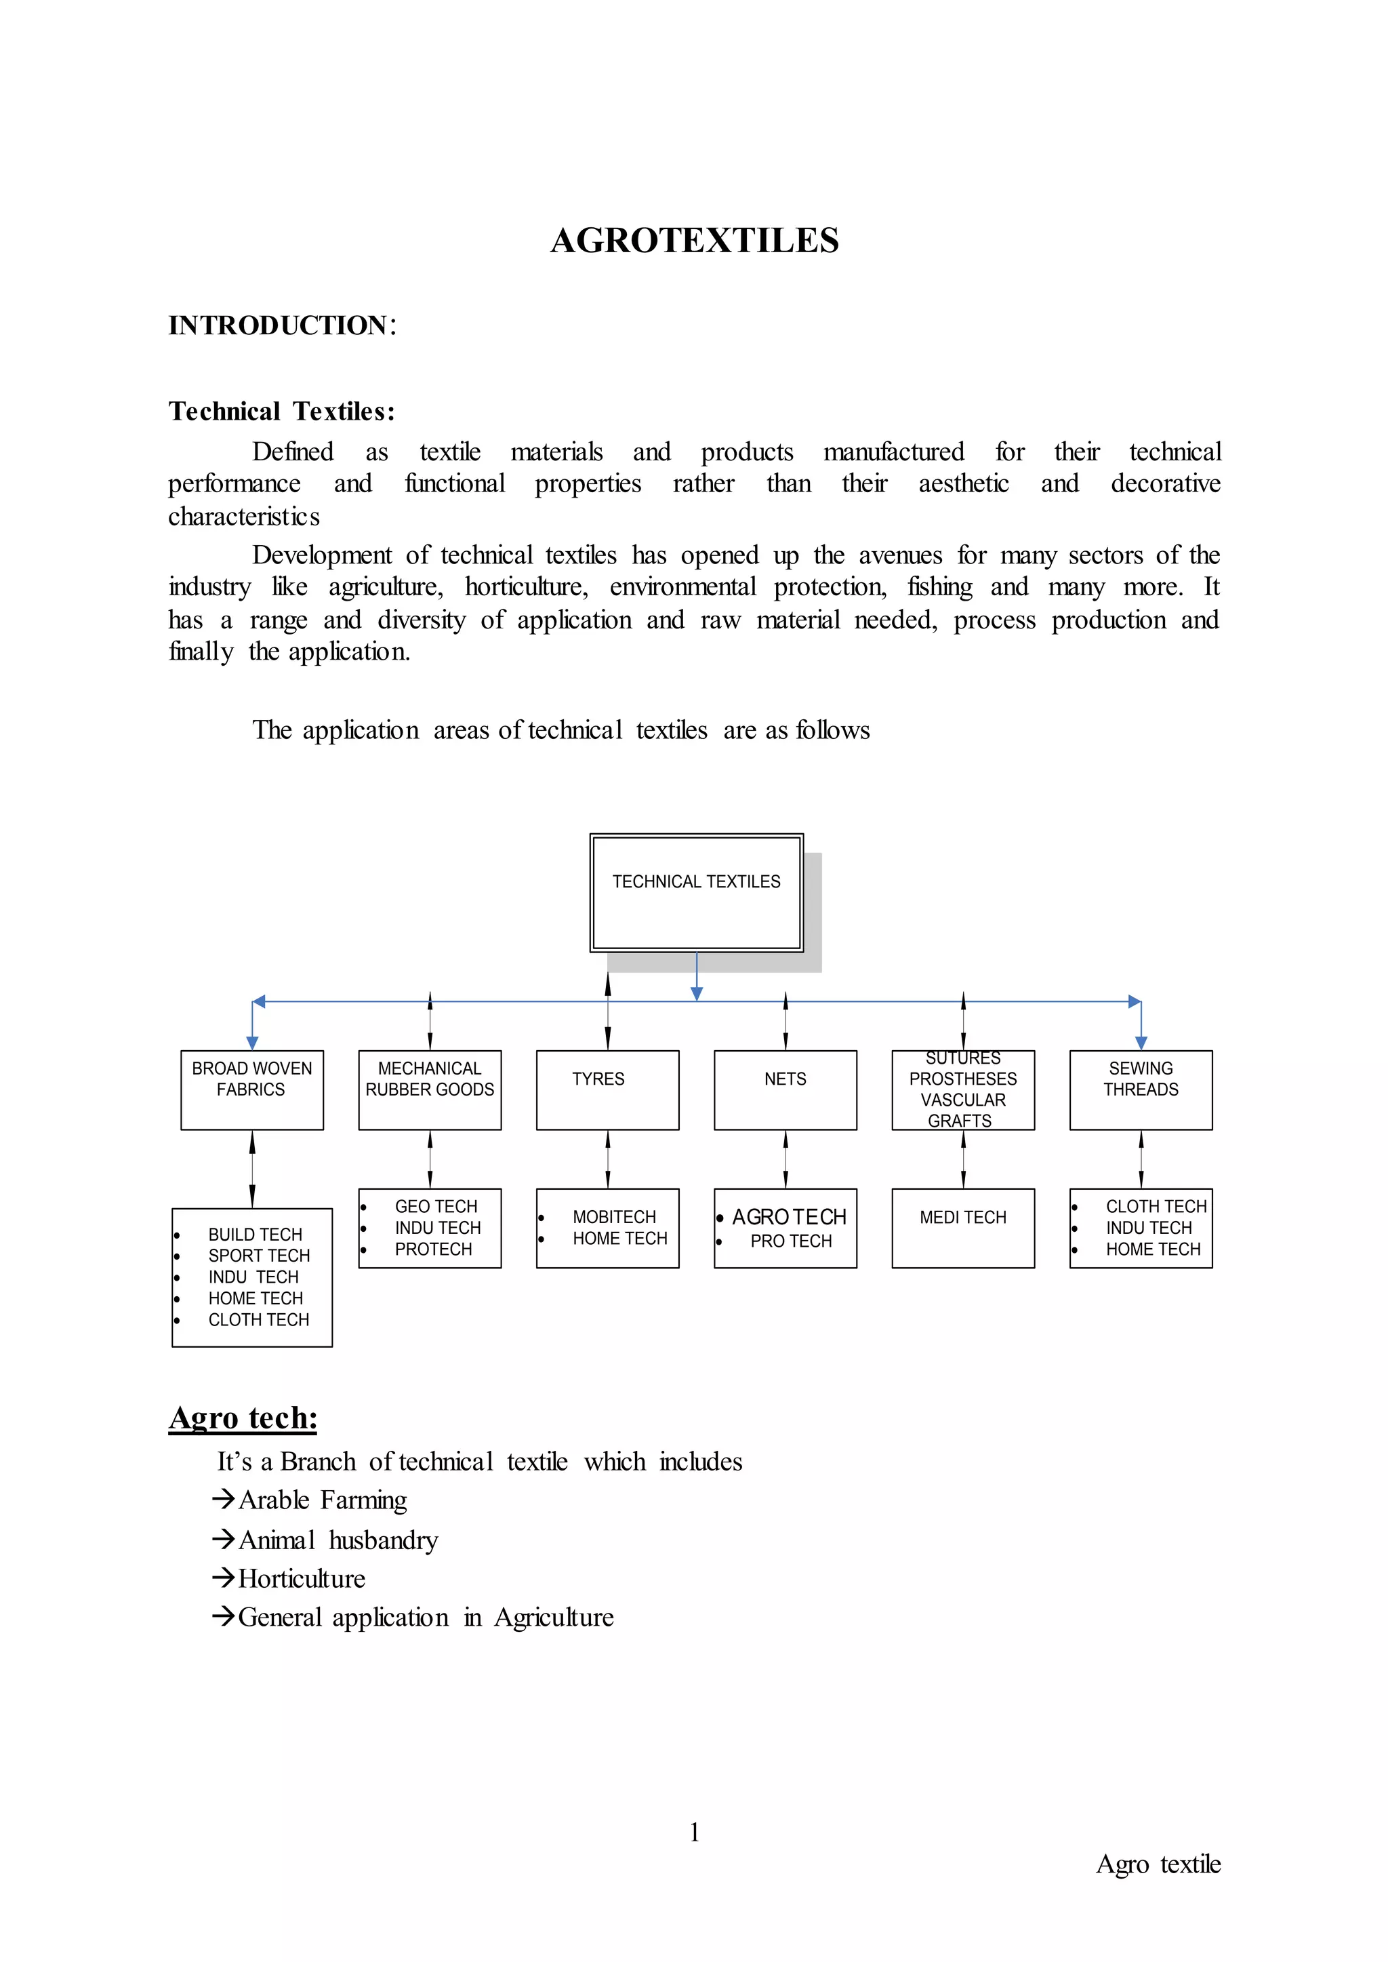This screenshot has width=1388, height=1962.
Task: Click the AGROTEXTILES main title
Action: coord(694,240)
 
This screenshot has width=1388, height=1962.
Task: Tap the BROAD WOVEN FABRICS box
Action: coord(251,1089)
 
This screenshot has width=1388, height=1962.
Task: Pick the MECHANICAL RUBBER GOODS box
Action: coord(429,1089)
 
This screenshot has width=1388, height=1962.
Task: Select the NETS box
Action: coord(785,1089)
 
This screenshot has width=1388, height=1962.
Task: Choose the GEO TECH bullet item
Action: coord(436,1206)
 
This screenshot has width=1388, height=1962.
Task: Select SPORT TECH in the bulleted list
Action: coord(259,1255)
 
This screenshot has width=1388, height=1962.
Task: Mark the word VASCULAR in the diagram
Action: coord(962,1100)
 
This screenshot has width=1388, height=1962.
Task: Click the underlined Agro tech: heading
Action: coord(243,1418)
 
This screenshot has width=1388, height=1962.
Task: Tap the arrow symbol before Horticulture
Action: coord(223,1578)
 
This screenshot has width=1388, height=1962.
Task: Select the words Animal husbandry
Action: coord(338,1540)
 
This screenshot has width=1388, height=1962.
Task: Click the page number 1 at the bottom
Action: coord(694,1831)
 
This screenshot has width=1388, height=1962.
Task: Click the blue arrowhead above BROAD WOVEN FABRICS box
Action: coord(252,1042)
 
